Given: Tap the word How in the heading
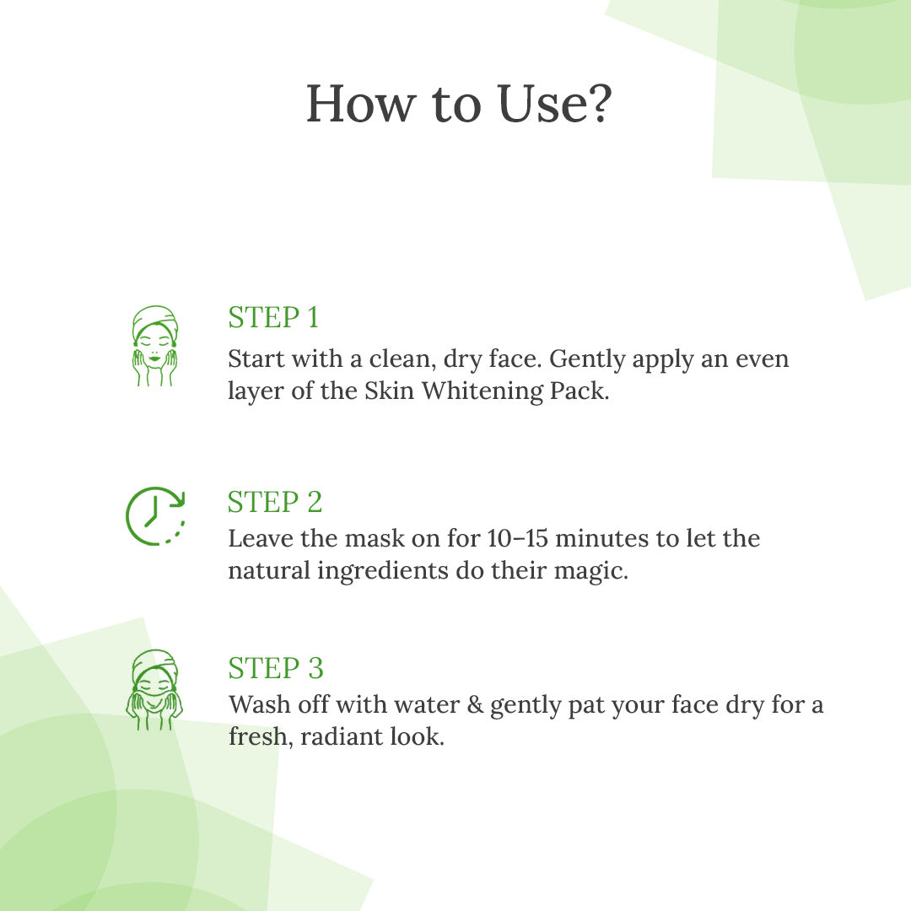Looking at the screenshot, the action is coord(361,104).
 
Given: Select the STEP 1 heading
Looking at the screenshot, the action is coord(273,317).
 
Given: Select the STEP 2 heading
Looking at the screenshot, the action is coord(275,501).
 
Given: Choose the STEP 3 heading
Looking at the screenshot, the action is coord(275,667).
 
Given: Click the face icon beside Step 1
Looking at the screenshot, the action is coord(154,346).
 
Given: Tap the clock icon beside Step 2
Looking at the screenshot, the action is coord(155,516).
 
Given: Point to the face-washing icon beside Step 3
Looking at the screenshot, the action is coord(154,690).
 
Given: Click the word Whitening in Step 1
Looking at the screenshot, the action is coord(482,391).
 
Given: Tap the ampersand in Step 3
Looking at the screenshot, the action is coord(475,704).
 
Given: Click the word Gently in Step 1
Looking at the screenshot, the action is coord(587,359).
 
